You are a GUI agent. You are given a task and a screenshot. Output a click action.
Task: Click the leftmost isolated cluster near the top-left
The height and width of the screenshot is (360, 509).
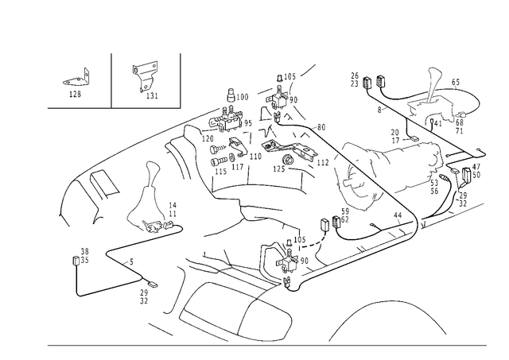pos(76,83)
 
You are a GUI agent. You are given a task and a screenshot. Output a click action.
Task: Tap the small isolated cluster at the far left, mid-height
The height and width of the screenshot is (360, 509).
pos(79,257)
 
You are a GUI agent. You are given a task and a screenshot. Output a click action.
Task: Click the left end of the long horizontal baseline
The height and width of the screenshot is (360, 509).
pos(45,344)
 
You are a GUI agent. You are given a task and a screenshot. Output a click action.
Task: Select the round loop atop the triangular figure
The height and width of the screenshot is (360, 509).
pos(150,167)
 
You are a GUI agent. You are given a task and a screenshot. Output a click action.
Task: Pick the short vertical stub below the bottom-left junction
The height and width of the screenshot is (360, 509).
pos(143,297)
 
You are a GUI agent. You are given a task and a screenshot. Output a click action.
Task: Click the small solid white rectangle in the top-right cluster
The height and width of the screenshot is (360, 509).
pos(437,119)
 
